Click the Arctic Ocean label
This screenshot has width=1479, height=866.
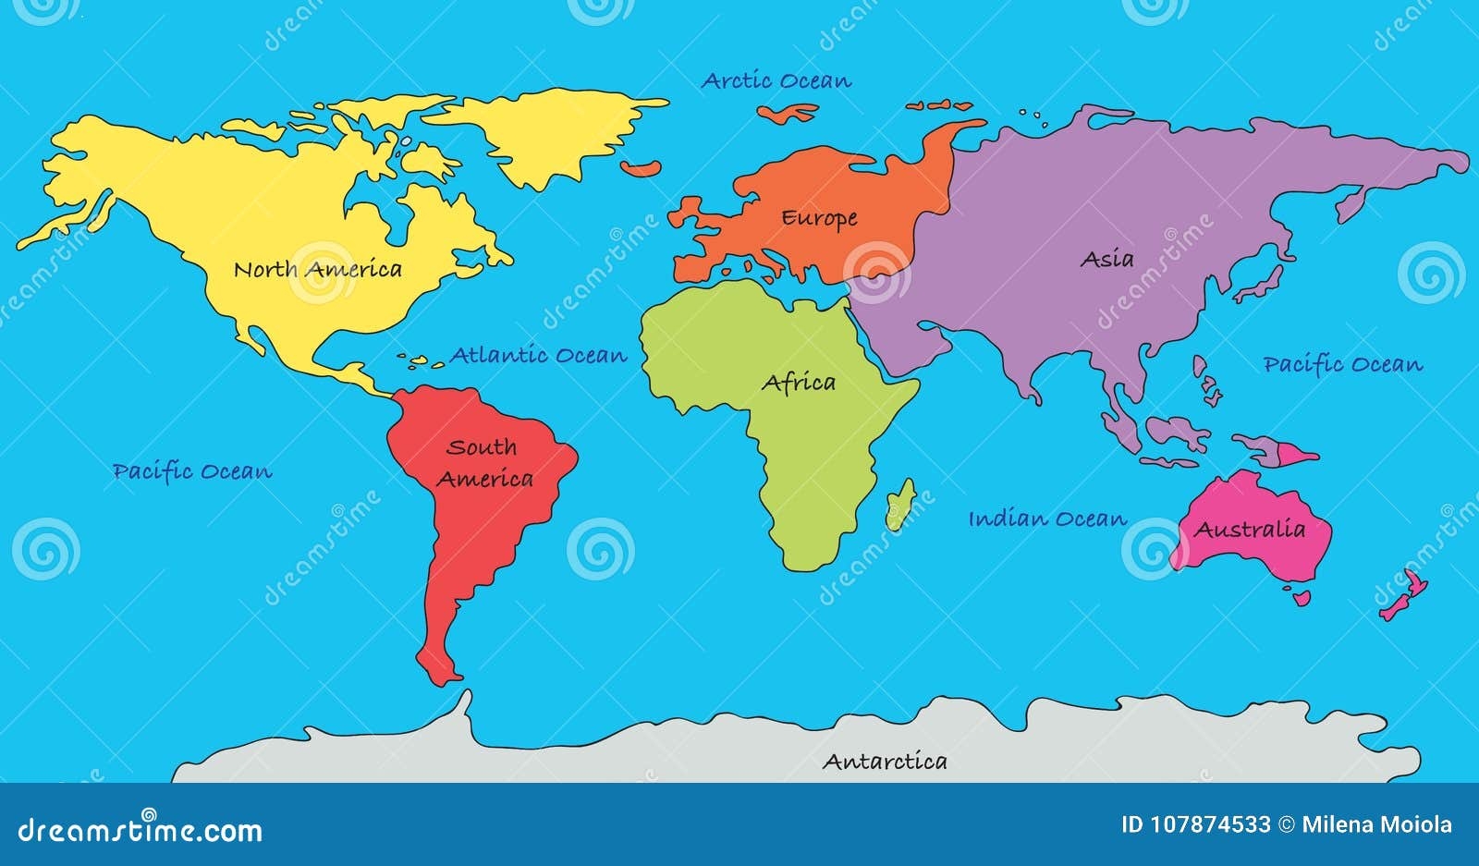776,81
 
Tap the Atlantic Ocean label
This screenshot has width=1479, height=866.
538,355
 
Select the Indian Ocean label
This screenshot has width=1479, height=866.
1047,519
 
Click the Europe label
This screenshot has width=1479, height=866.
819,219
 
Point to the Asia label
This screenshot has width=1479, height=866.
1106,260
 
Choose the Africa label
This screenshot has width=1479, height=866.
799,383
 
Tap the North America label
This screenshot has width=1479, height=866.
317,270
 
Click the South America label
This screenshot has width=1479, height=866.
484,463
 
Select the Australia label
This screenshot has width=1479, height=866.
1250,530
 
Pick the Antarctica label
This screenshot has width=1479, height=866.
885,762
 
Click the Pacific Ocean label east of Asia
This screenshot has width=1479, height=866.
1343,364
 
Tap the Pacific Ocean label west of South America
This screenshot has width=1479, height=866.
192,471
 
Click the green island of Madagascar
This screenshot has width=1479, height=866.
899,505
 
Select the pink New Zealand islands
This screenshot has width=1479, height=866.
1405,596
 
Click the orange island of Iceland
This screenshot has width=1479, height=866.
642,169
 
